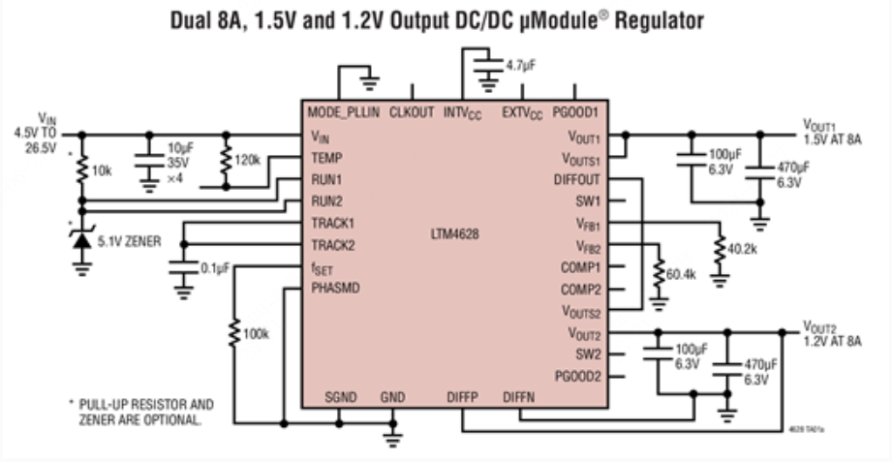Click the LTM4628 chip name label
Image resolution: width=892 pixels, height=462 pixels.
(x=455, y=234)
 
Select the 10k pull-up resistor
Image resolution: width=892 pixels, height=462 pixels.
(x=81, y=170)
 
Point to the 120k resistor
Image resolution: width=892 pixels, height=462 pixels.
(x=226, y=159)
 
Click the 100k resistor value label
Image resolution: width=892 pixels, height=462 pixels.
(x=257, y=334)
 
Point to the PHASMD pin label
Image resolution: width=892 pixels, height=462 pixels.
(x=334, y=289)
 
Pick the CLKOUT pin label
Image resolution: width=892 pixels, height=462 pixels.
(x=412, y=112)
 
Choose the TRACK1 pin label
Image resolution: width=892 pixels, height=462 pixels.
(x=332, y=224)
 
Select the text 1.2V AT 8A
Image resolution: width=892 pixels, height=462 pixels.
(x=834, y=340)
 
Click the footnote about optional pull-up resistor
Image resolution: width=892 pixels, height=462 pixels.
(x=141, y=411)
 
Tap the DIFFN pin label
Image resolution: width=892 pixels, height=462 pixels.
(x=520, y=398)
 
